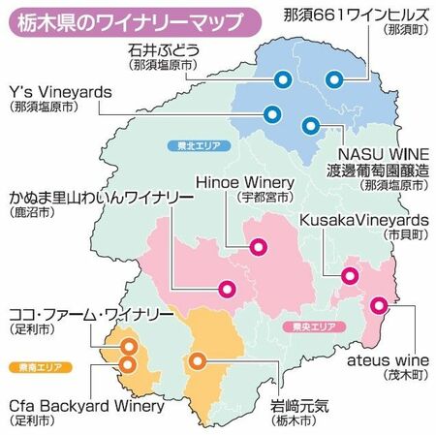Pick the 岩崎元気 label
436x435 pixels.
click(x=296, y=406)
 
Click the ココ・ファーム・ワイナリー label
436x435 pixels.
click(x=90, y=316)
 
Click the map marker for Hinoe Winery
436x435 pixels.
click(x=258, y=247)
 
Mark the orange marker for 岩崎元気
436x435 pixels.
click(x=198, y=362)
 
